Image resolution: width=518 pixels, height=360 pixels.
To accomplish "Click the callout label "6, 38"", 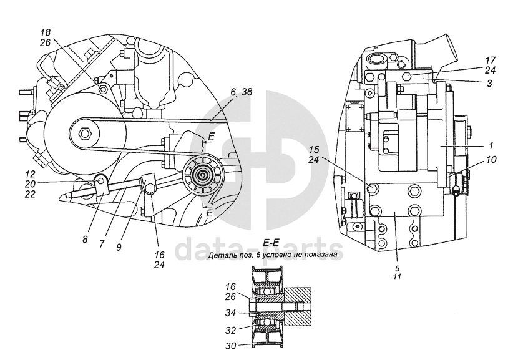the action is click(x=242, y=91).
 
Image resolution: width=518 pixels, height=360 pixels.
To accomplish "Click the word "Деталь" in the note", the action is click(x=228, y=255).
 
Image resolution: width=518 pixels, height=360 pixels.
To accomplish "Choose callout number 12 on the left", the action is click(x=30, y=175).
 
